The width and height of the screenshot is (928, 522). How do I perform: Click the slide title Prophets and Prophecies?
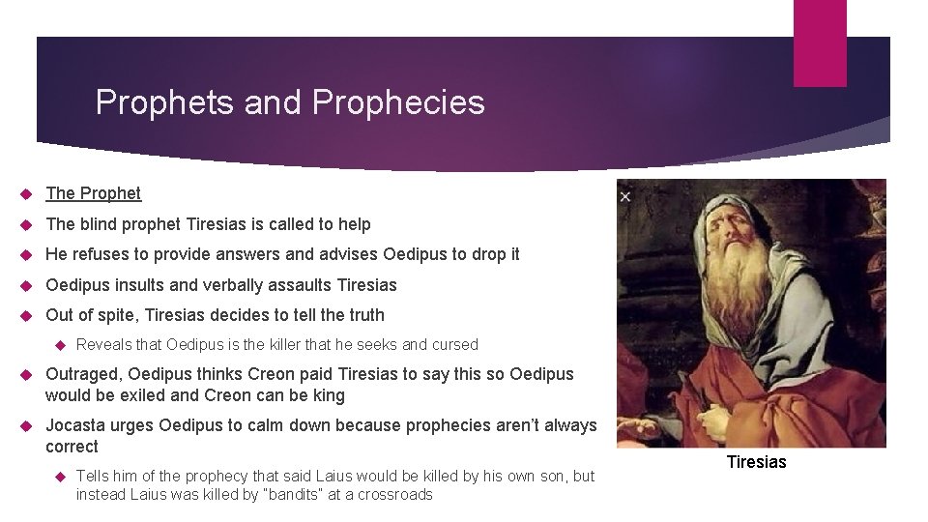point(290,101)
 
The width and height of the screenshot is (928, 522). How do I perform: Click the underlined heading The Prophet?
point(93,193)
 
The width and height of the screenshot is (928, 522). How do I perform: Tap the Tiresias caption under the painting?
point(756,462)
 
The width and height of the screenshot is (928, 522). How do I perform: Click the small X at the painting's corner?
point(625,197)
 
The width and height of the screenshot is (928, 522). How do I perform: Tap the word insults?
point(139,285)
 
